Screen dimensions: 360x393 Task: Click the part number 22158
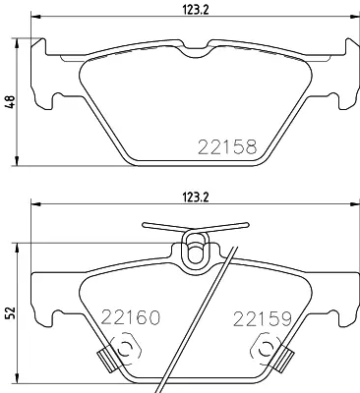coord(227,146)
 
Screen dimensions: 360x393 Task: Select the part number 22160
coord(131,316)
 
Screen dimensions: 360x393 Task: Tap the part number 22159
coord(263,318)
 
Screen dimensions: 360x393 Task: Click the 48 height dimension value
coord(10,102)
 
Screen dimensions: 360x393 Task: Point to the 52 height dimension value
coord(10,313)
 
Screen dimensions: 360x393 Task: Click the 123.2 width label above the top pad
coord(196,10)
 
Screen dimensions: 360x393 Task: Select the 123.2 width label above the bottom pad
coord(196,197)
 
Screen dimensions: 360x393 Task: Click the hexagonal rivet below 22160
coord(125,350)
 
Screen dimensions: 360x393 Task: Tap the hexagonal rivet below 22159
coord(266,351)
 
